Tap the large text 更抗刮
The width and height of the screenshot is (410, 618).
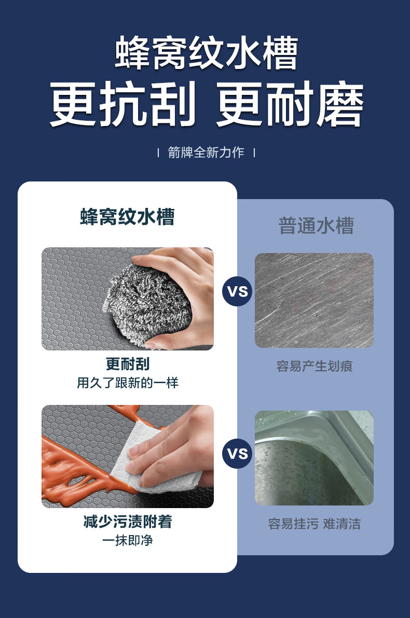[122, 104]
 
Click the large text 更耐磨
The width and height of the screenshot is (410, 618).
[289, 104]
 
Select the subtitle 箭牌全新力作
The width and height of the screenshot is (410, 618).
[206, 152]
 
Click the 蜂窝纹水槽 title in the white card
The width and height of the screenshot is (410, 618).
[127, 216]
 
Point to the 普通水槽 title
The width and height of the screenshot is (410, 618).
[316, 226]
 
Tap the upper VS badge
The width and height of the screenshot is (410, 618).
[238, 291]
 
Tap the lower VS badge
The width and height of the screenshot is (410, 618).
[238, 453]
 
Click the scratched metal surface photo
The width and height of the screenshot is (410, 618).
[314, 300]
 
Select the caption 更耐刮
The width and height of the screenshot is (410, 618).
[128, 364]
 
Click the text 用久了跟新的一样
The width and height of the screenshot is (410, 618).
[128, 383]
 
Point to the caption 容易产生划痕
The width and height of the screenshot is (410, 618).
[315, 366]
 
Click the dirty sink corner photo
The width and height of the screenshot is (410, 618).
[314, 458]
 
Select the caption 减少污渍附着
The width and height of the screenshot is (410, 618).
[128, 522]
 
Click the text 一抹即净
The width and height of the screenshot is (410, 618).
[128, 540]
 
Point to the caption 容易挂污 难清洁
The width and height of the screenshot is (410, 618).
[315, 524]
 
